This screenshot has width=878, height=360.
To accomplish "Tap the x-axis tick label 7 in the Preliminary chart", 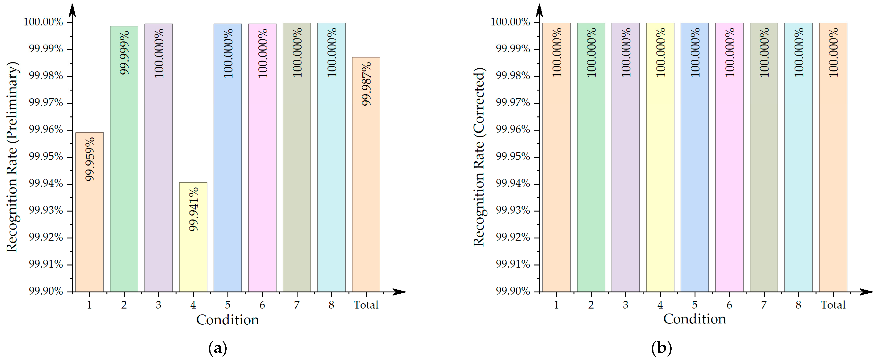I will point(297,305).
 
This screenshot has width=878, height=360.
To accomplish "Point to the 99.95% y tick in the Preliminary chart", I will point(46,157).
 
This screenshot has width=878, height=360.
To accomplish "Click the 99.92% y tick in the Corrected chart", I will point(513,237).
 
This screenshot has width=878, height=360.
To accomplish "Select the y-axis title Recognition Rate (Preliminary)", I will point(12,157).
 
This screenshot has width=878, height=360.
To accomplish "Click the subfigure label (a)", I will point(217,348).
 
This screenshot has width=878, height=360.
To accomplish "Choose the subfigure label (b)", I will point(661,348).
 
